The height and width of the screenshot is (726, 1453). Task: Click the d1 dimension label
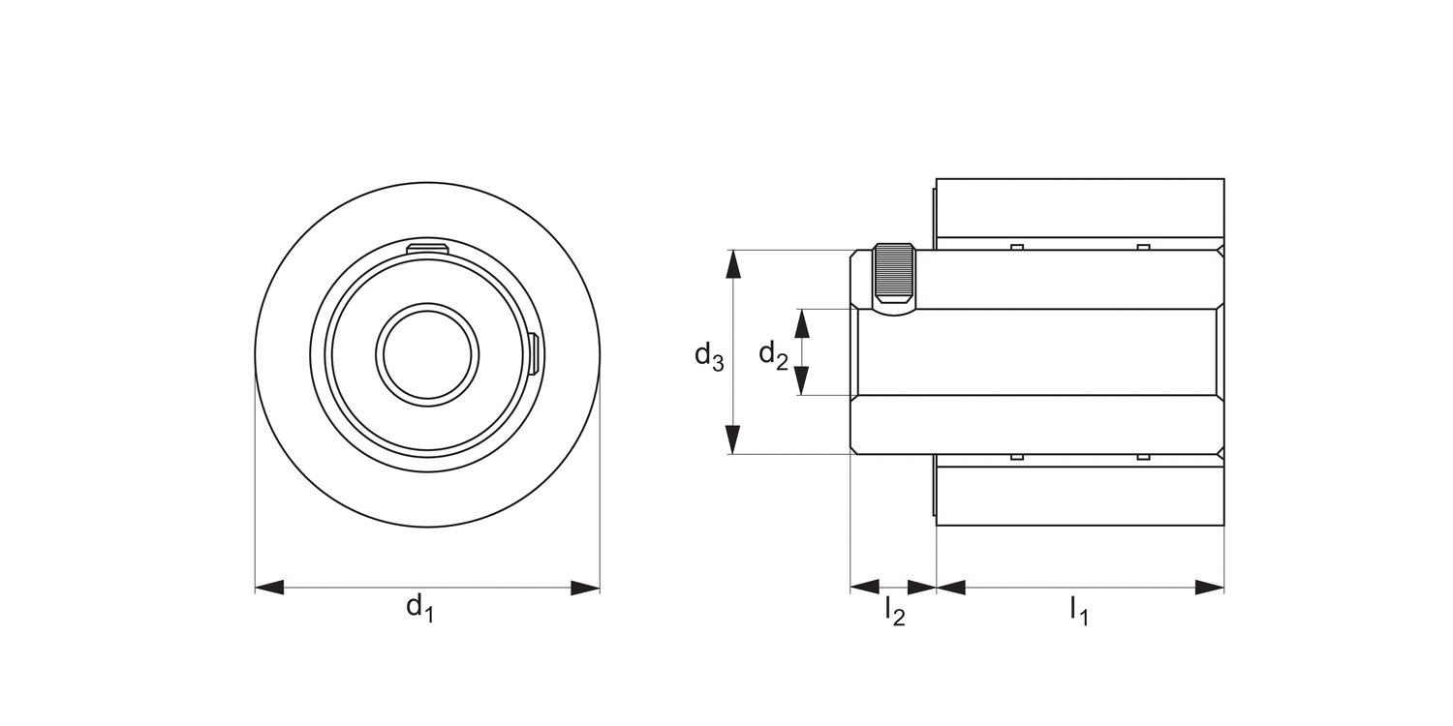point(418,608)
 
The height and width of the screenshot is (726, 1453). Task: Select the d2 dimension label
point(773,355)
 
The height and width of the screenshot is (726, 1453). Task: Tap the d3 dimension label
point(708,356)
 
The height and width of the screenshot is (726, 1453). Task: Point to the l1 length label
point(1078,610)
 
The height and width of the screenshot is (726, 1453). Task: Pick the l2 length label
point(894,611)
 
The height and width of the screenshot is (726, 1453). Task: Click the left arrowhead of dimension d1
point(269,588)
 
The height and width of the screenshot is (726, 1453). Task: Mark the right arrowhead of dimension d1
point(585,588)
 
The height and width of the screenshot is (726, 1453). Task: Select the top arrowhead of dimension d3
point(733,264)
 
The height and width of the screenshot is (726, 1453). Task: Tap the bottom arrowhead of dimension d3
point(733,439)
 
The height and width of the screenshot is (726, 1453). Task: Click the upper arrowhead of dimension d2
point(801,323)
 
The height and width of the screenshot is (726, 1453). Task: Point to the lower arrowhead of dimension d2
point(801,381)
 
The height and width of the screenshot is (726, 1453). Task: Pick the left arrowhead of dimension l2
point(864,587)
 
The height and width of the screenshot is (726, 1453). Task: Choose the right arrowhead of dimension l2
point(921,587)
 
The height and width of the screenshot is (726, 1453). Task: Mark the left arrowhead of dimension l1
point(951,587)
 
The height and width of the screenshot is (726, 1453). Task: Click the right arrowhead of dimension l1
point(1210,587)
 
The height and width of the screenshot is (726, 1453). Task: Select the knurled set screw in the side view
point(893,275)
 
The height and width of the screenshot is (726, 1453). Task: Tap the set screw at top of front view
point(427,251)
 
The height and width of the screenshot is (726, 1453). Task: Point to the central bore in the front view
point(427,353)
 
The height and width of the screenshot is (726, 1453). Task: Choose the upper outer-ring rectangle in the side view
point(1079,207)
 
